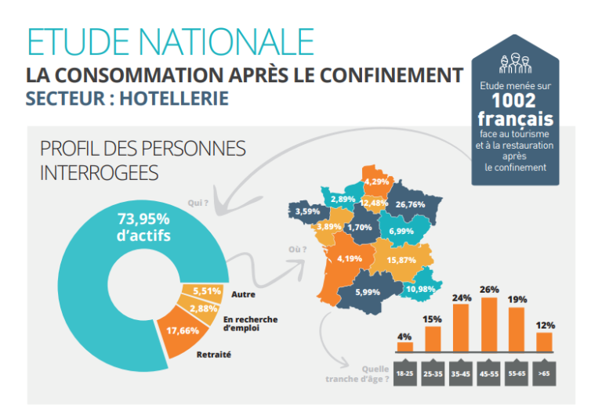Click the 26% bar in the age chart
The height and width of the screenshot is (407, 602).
(x=489, y=325)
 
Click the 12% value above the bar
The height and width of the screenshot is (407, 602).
(x=544, y=325)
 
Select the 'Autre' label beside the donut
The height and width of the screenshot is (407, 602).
(x=243, y=294)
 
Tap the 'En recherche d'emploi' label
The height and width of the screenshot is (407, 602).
(x=250, y=323)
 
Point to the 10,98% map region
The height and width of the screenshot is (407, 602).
(x=420, y=289)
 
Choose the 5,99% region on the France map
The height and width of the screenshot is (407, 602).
(x=367, y=291)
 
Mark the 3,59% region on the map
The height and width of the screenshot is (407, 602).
(x=306, y=211)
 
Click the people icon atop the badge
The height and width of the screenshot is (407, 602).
(x=514, y=61)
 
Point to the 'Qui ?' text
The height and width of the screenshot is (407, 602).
(x=198, y=203)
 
